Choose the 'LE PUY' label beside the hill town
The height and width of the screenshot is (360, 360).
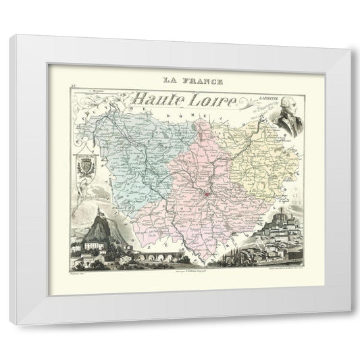297,196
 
